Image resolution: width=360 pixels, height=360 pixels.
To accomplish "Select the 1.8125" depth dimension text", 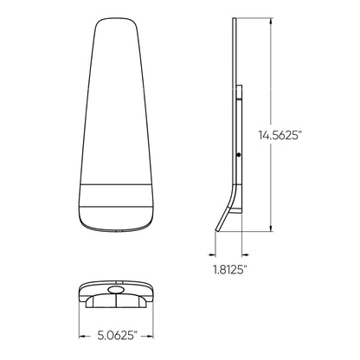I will point(229,270).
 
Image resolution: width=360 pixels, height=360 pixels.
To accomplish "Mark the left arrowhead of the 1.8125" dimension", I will point(213,255).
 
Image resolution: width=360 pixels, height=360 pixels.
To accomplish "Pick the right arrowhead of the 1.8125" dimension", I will point(243,255).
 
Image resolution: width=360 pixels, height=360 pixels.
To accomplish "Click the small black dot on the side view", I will point(239,155).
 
